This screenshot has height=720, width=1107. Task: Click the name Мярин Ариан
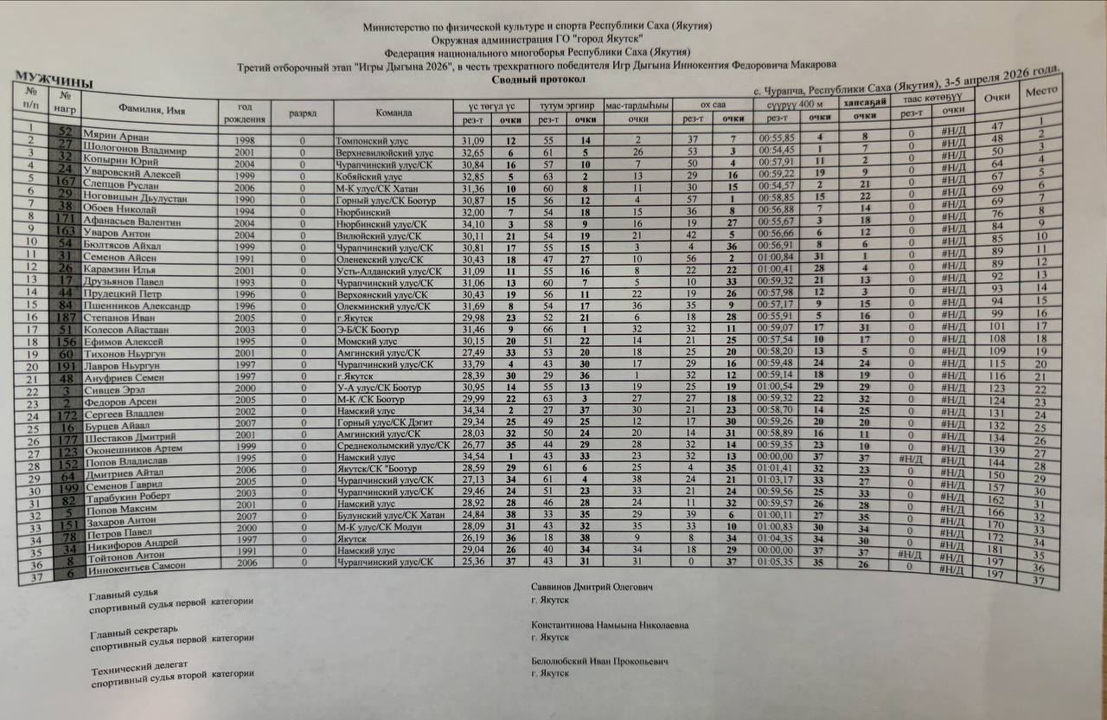coord(116,138)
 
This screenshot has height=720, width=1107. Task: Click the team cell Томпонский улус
coord(372,140)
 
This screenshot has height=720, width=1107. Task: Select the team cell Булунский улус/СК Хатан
coord(393,514)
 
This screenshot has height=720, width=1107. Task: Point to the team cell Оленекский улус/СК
coord(380,259)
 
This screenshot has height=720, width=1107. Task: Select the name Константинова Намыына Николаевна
coord(611,626)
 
